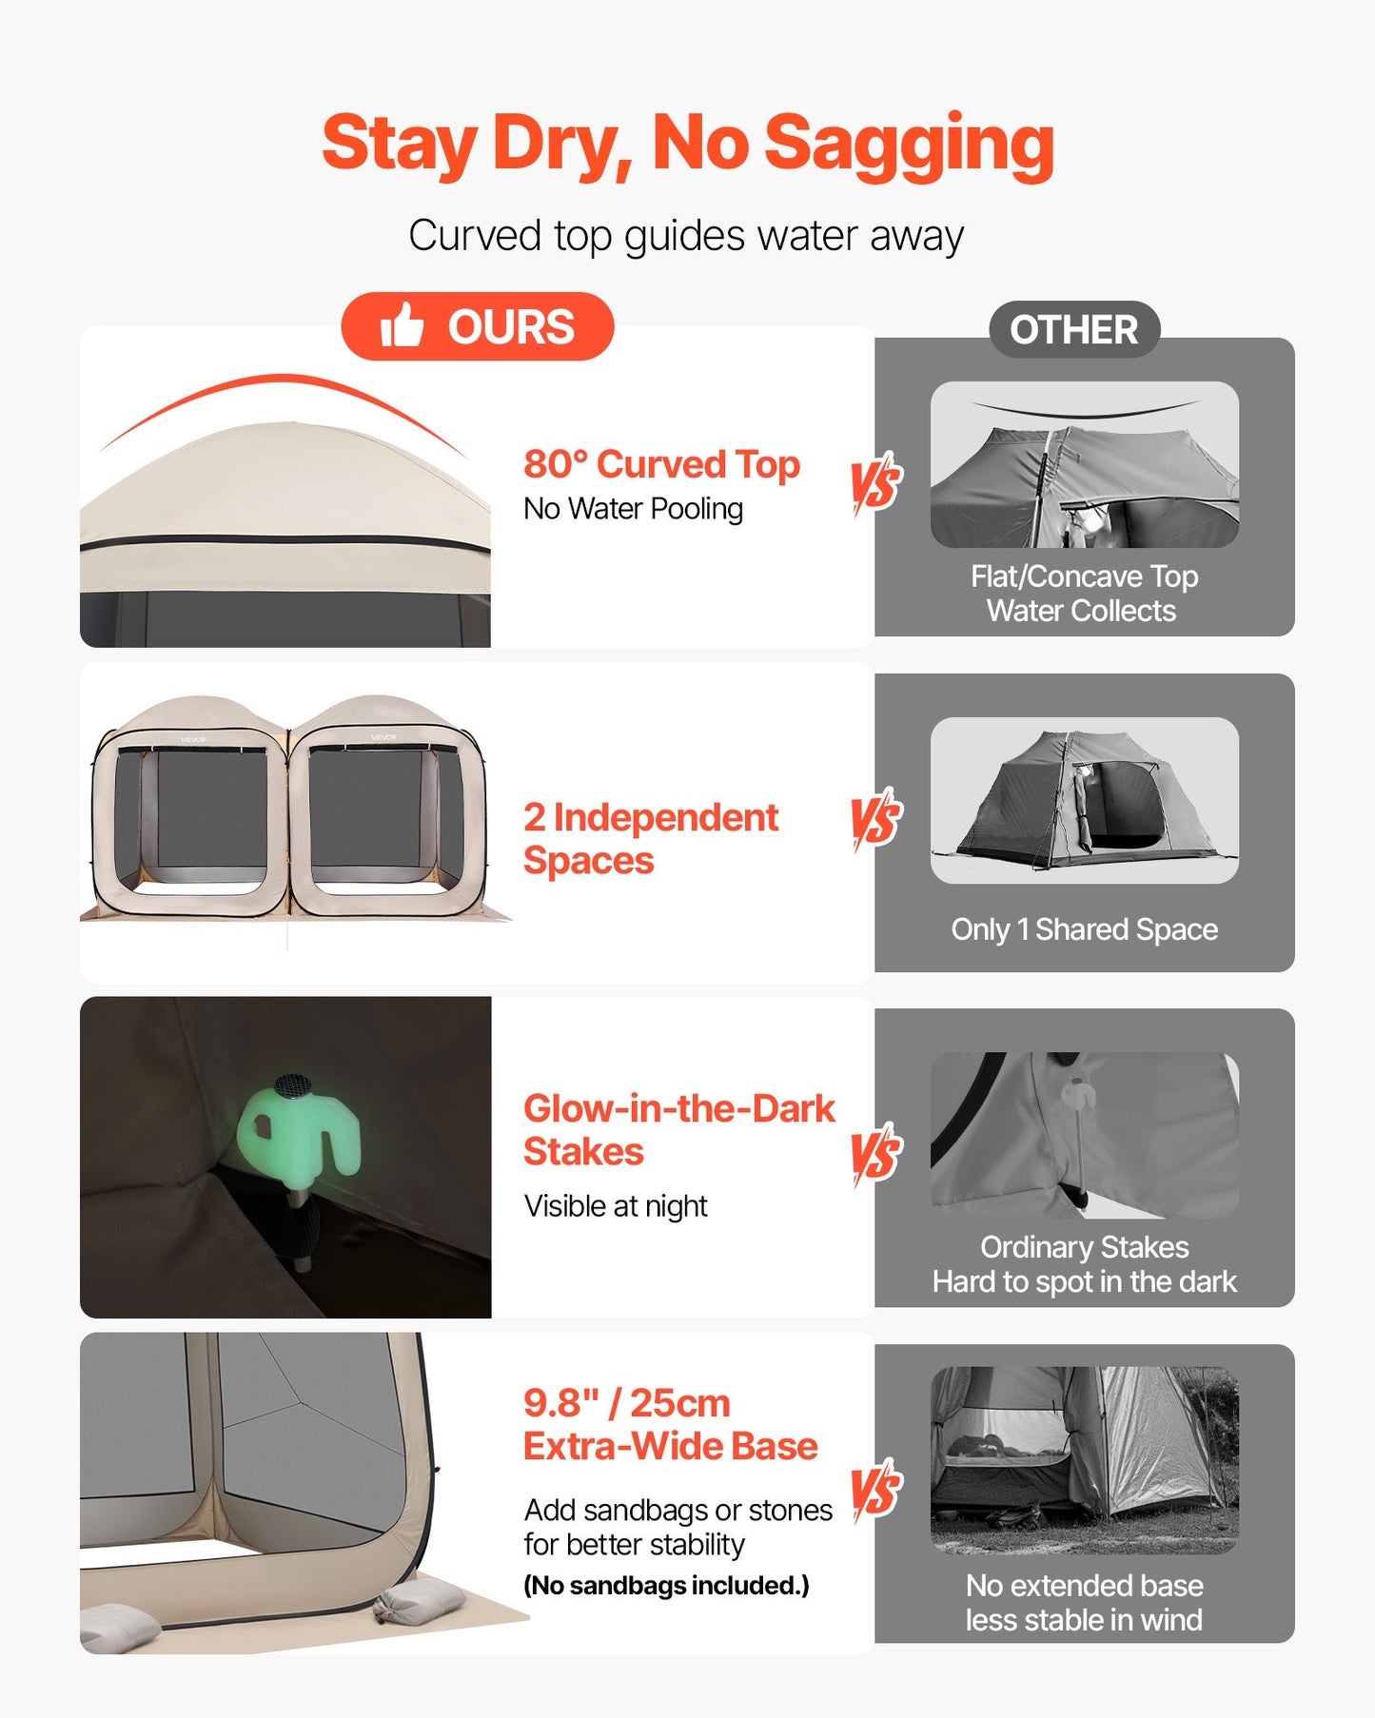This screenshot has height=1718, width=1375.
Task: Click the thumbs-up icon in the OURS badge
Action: click(402, 325)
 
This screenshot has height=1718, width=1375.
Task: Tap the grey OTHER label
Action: click(1073, 330)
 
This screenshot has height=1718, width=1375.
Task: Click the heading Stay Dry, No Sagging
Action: click(687, 143)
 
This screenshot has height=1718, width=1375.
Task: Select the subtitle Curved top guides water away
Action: click(686, 235)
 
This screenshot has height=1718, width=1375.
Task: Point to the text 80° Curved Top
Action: click(661, 464)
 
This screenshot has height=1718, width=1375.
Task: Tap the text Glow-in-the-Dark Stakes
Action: click(678, 1129)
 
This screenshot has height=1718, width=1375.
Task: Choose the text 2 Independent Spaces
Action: click(651, 838)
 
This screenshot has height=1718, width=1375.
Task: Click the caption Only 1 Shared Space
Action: click(1084, 929)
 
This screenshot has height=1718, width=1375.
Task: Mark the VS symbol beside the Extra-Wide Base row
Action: click(876, 1489)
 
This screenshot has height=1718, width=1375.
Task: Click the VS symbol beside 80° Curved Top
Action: click(876, 482)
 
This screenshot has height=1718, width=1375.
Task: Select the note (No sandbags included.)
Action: click(666, 1586)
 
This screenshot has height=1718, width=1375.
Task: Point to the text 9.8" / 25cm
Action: click(627, 1403)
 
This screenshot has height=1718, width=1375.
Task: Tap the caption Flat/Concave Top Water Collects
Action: click(1084, 594)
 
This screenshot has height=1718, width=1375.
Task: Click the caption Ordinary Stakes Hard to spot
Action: click(1084, 1264)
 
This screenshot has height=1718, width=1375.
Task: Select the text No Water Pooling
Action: click(633, 509)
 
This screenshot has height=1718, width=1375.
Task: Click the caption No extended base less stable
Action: click(1084, 1602)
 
